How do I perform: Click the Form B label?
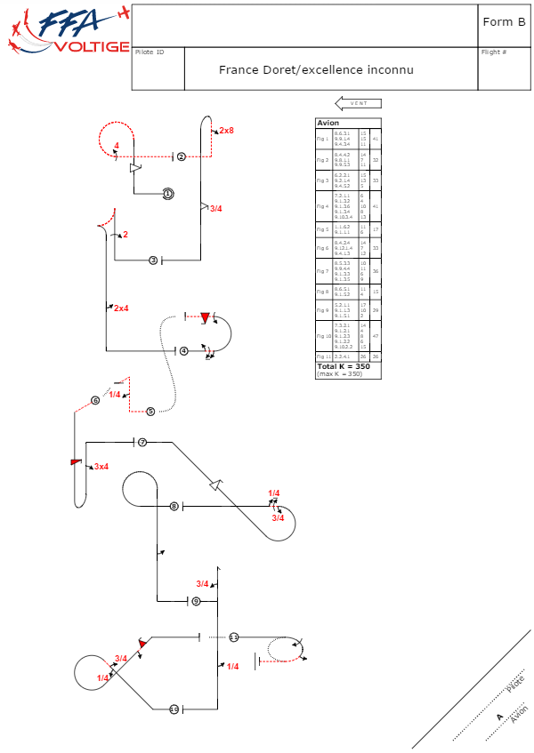(x=503, y=22)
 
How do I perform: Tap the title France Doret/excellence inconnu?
(x=316, y=69)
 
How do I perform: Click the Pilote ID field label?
(x=150, y=52)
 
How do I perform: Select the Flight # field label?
(x=494, y=52)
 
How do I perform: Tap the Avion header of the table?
(x=328, y=123)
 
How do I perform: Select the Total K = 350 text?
(x=344, y=366)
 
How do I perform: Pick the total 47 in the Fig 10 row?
(x=376, y=337)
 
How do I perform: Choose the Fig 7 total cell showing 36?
(x=376, y=271)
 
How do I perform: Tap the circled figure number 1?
(x=167, y=193)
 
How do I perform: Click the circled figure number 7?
(x=142, y=442)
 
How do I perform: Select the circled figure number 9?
(x=196, y=602)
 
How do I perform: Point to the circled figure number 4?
(x=183, y=351)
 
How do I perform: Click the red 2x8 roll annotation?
(x=226, y=131)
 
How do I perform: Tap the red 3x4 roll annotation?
(x=101, y=467)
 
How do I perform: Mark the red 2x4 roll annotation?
(x=121, y=308)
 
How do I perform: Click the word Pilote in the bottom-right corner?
(x=514, y=684)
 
